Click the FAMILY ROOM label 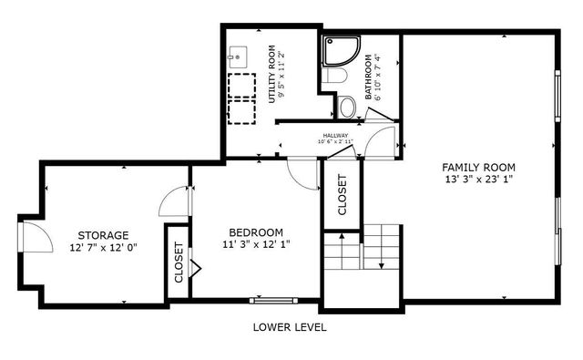[x=478, y=167]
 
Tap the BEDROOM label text [x=255, y=231]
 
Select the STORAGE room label [x=102, y=234]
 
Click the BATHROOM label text [x=370, y=77]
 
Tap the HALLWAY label [x=334, y=136]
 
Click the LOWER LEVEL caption [x=291, y=327]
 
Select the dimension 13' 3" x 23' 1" [x=478, y=180]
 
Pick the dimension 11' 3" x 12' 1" [x=255, y=244]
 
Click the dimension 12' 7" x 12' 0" [x=102, y=247]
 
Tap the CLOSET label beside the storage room [x=179, y=262]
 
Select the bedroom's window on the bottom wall [x=273, y=299]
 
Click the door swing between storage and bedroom [x=174, y=201]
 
